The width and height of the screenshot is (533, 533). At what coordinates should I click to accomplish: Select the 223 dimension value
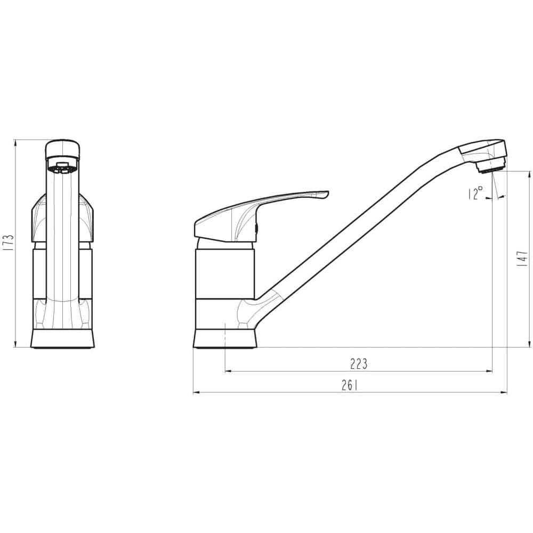359,364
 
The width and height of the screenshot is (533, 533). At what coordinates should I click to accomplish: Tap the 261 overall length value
350,385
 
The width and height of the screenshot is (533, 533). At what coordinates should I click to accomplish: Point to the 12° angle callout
475,193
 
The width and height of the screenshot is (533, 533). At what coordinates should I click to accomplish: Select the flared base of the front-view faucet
62,338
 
